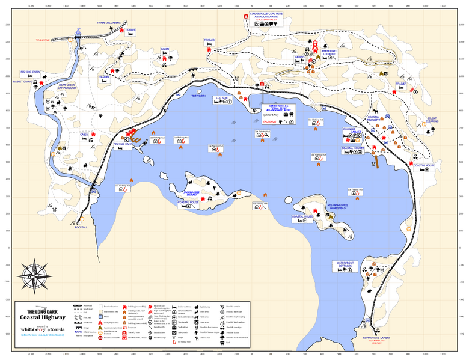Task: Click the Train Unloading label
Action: (x=109, y=23)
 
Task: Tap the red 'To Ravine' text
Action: (x=43, y=40)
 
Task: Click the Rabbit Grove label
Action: (x=18, y=82)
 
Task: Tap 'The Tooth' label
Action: (x=198, y=96)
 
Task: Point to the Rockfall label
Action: (x=81, y=227)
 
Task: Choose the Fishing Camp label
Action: (x=124, y=152)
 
